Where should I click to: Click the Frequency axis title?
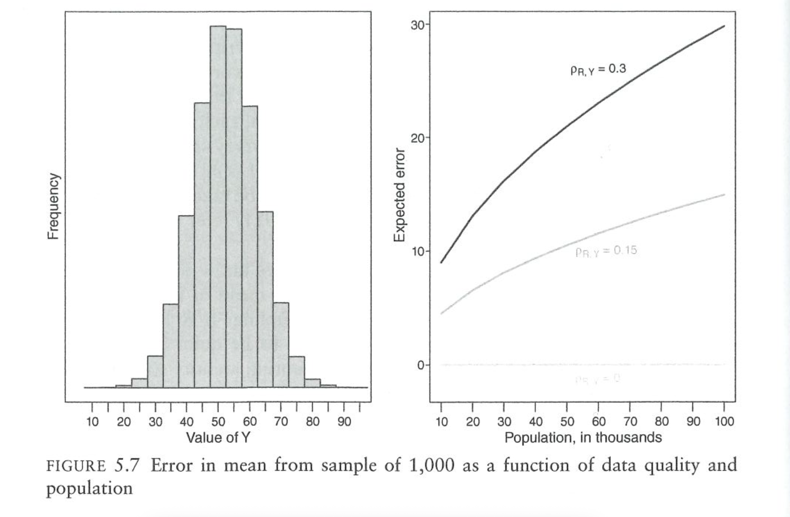pyautogui.click(x=54, y=206)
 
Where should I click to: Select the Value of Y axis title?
pyautogui.click(x=218, y=438)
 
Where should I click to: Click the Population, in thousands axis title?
pyautogui.click(x=583, y=438)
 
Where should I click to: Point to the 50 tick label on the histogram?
pyautogui.click(x=218, y=422)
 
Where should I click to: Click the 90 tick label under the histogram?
pyautogui.click(x=344, y=422)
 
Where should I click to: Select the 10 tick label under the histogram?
pyautogui.click(x=92, y=422)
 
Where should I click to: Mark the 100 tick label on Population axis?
pyautogui.click(x=724, y=422)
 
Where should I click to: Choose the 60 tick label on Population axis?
pyautogui.click(x=598, y=422)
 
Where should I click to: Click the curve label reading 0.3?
pyautogui.click(x=598, y=69)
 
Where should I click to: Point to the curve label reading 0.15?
pyautogui.click(x=606, y=251)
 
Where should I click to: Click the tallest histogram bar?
pyautogui.click(x=218, y=206)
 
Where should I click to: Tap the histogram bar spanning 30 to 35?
pyautogui.click(x=171, y=345)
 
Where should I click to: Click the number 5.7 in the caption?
pyautogui.click(x=126, y=466)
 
